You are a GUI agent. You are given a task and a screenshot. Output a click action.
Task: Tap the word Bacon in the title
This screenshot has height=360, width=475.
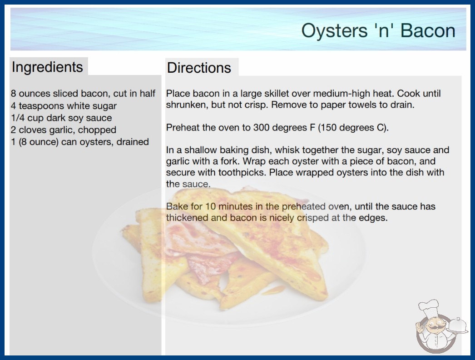click(x=428, y=30)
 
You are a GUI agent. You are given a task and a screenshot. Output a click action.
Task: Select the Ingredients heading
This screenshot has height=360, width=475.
click(x=47, y=67)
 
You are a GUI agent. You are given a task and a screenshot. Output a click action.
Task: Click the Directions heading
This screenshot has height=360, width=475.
click(x=199, y=68)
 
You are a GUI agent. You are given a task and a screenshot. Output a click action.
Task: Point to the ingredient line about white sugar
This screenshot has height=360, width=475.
click(x=64, y=106)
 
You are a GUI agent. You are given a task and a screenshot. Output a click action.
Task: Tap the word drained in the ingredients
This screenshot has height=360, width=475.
click(x=133, y=142)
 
